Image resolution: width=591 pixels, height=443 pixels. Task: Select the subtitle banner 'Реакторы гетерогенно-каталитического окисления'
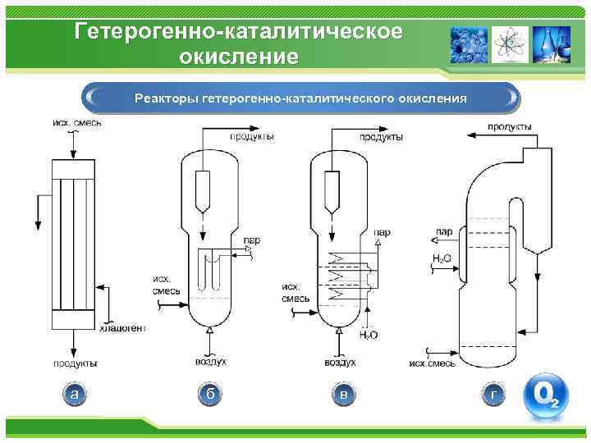coord(300,98)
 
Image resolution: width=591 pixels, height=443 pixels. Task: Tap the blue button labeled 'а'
coord(75,395)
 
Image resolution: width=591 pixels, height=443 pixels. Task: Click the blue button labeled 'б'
coord(210,395)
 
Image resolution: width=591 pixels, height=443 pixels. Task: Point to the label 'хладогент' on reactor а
coord(122,328)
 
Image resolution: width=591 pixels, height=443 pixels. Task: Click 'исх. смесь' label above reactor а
coord(76,123)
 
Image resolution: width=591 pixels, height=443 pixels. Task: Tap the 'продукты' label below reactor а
coord(76,363)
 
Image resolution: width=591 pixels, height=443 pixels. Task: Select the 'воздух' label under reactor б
coord(211,361)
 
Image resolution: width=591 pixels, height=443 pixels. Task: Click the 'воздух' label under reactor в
coord(341,361)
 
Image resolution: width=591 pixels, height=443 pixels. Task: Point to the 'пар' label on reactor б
coord(251,240)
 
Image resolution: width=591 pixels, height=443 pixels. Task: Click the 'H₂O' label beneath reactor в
coord(369,335)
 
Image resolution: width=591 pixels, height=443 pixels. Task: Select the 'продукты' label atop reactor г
coord(509,126)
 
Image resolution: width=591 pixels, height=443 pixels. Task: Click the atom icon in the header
coord(511,44)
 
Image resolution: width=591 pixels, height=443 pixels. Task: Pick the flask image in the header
coord(552,44)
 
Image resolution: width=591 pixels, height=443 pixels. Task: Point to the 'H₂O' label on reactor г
coord(441,258)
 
